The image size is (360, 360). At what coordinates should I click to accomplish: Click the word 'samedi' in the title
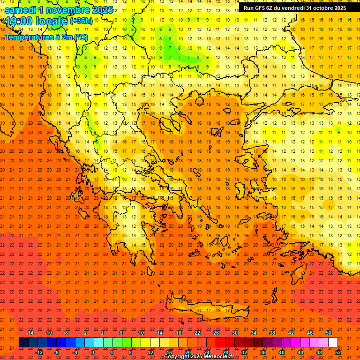[22, 10]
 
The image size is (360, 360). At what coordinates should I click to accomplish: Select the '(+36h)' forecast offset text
[81, 21]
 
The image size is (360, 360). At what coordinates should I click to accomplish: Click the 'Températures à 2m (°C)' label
[46, 37]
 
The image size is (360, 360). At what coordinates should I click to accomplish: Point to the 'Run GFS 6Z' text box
[294, 7]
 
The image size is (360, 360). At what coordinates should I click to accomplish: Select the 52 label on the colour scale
[338, 352]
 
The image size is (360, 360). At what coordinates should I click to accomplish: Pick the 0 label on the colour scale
[92, 352]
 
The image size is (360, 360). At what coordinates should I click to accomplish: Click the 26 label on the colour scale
[216, 333]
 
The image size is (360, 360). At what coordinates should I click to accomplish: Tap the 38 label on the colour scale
[272, 333]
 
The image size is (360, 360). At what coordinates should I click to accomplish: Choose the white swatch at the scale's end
[333, 343]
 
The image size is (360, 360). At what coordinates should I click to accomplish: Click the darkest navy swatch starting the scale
[23, 343]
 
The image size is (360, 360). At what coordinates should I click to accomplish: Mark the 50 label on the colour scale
[328, 333]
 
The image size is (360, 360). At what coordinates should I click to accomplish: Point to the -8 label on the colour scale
[57, 352]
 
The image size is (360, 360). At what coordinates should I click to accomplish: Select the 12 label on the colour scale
[150, 352]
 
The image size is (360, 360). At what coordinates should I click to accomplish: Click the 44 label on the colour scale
[300, 352]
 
